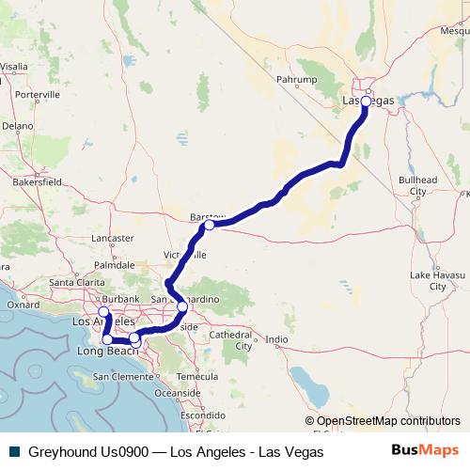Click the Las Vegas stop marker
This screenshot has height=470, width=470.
click(366, 101)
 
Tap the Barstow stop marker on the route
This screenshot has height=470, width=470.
click(209, 225)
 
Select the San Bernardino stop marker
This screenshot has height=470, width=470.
click(181, 306)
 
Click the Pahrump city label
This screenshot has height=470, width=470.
click(292, 80)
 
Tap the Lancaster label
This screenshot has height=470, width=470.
click(115, 239)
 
